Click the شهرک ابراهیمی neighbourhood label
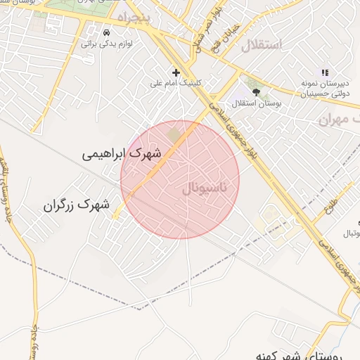point(122,153)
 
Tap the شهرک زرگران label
point(77,205)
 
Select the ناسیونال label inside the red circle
point(205,188)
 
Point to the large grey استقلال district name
point(261,46)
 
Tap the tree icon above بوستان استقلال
point(256,91)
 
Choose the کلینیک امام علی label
point(176,83)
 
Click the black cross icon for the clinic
point(176,72)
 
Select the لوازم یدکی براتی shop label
point(107,44)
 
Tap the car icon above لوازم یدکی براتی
point(106,33)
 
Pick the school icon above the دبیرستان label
point(324,72)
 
